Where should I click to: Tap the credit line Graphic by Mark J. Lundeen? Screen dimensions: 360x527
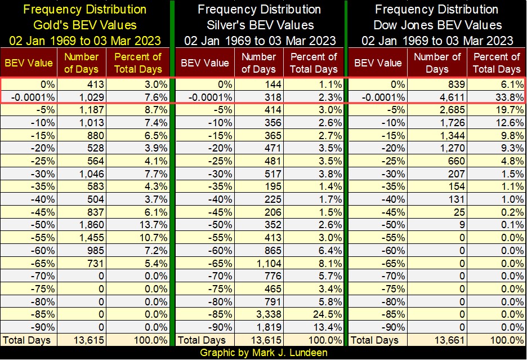coord(263,353)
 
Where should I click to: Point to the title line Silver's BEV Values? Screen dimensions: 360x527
coord(260,25)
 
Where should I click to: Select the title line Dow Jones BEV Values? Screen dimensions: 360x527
coord(437,25)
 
